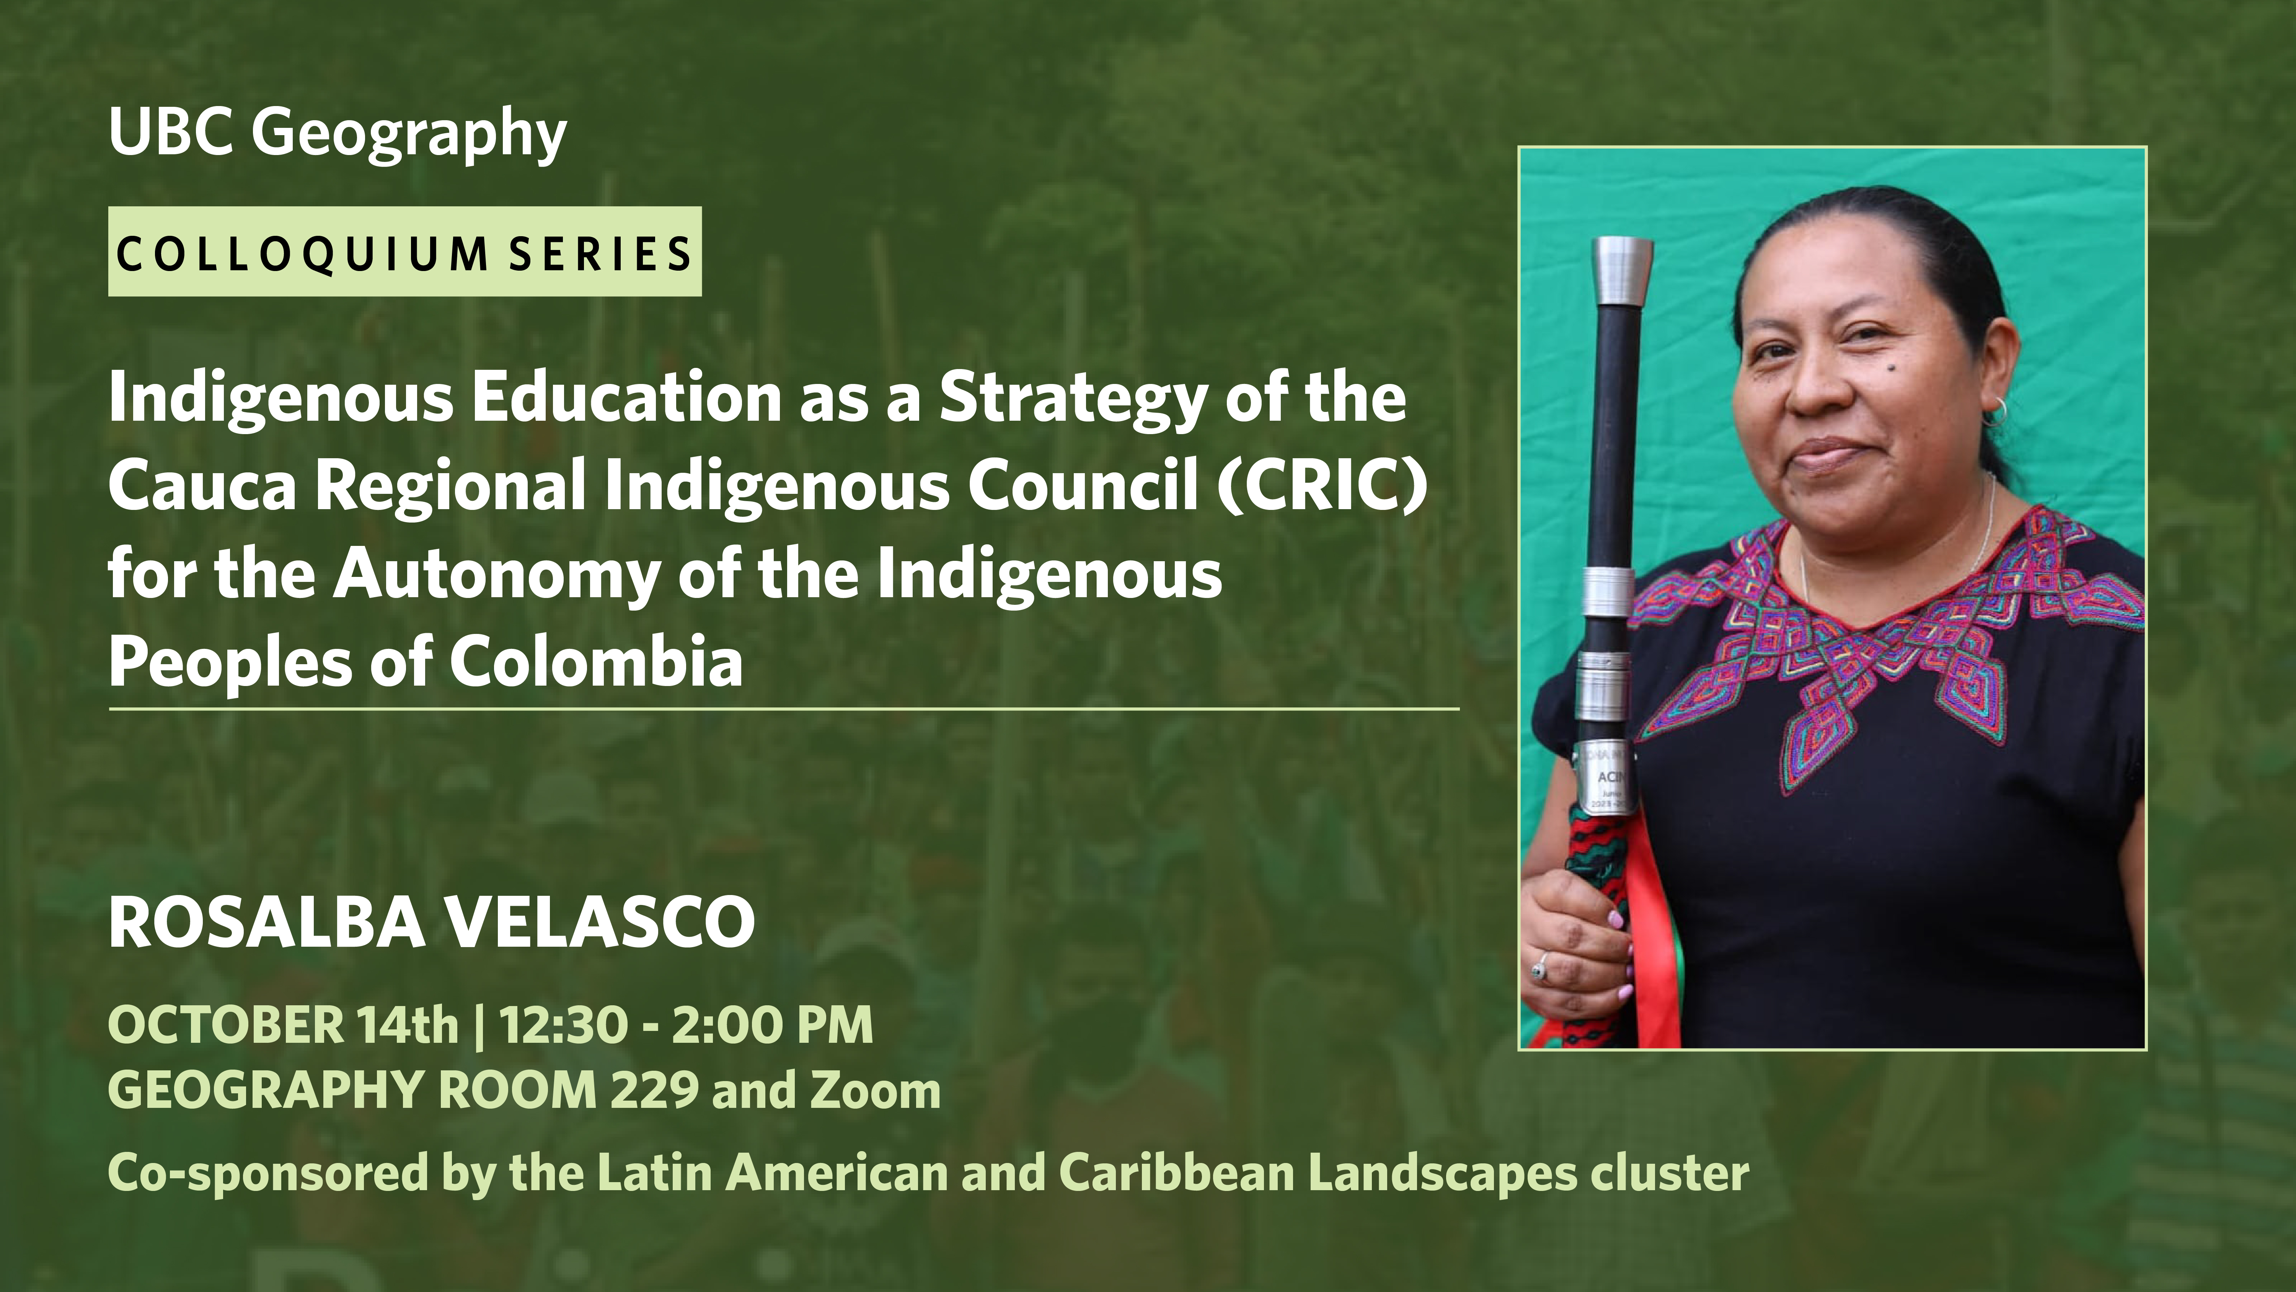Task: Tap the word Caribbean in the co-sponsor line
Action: [x=1177, y=1173]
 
